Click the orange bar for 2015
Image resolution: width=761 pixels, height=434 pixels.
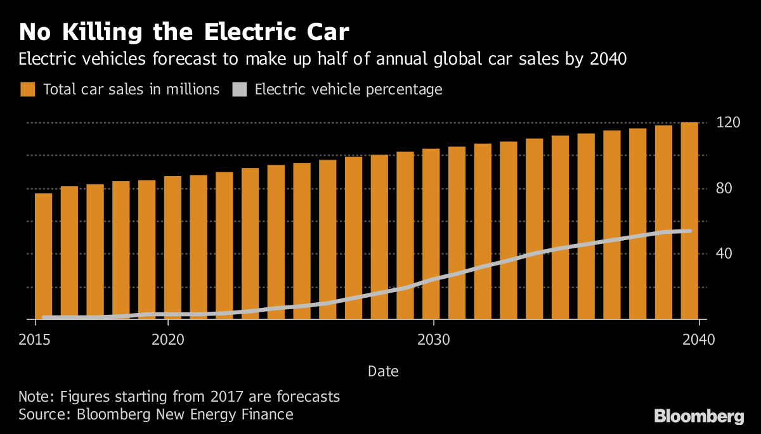[x=43, y=256]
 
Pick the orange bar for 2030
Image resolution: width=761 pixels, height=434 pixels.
[x=431, y=234]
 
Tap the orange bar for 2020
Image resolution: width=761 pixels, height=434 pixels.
[x=172, y=248]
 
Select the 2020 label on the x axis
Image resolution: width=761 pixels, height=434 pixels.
[x=167, y=340]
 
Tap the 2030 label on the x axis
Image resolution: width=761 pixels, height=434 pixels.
[x=434, y=340]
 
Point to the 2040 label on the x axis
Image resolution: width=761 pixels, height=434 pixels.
[x=698, y=340]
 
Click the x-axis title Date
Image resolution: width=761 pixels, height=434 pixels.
[x=383, y=371]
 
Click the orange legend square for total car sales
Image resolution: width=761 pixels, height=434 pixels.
[x=27, y=89]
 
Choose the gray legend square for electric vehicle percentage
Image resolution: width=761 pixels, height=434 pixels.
[x=239, y=89]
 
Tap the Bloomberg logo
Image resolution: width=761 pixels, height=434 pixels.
[x=699, y=416]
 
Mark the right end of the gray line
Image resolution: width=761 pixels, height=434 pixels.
[x=689, y=231]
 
